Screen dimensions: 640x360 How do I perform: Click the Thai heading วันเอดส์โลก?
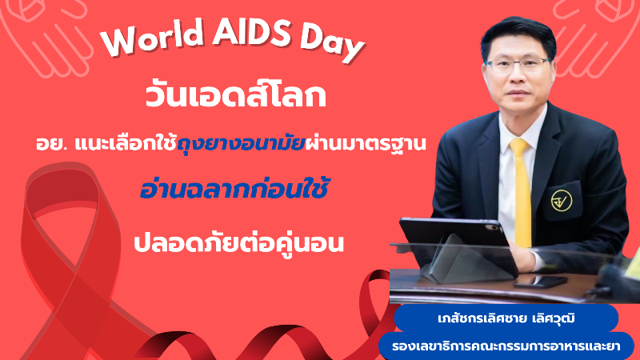236,96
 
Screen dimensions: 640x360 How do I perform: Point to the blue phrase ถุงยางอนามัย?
242,144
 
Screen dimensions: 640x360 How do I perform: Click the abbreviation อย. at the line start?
52,144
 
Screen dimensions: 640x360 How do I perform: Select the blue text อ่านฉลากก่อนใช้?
234,189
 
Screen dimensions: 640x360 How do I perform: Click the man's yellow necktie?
522,192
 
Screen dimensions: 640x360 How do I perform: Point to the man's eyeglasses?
518,65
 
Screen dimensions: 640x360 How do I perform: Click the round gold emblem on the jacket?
562,201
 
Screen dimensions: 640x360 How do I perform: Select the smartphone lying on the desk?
541,282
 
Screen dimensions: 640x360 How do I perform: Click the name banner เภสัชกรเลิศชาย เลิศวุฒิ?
506,318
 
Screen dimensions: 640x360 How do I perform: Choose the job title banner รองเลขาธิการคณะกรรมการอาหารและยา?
506,346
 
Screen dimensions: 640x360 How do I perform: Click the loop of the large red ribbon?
62,204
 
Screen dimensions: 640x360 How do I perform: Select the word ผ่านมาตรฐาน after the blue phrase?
366,144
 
